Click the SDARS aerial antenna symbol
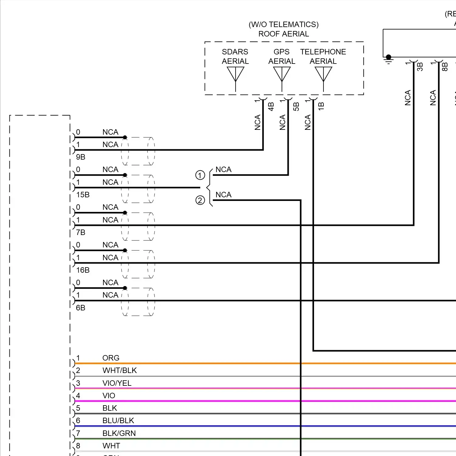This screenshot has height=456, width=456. [x=236, y=74]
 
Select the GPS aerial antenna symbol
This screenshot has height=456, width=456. [x=282, y=74]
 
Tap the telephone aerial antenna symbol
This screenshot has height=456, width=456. [x=323, y=74]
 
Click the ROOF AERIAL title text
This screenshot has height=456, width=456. [x=283, y=34]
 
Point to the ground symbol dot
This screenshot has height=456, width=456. [x=389, y=57]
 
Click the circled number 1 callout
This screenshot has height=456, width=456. [x=200, y=175]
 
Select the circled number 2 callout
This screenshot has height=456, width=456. [x=200, y=200]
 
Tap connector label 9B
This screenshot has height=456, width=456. [x=81, y=157]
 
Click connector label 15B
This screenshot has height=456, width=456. [x=83, y=195]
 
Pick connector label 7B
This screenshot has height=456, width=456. [x=81, y=233]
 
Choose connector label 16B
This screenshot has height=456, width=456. [x=83, y=270]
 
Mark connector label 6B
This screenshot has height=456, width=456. [x=81, y=308]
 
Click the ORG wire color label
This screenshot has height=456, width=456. [x=111, y=358]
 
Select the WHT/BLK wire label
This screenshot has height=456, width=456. [x=119, y=370]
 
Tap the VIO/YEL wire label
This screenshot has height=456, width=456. [x=117, y=383]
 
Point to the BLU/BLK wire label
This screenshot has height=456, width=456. [x=118, y=420]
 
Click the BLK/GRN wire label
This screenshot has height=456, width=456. [x=119, y=433]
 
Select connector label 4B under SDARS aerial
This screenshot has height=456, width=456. [x=271, y=106]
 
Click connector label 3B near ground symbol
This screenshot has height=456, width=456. [x=420, y=67]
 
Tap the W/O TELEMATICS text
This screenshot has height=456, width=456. [x=283, y=24]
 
